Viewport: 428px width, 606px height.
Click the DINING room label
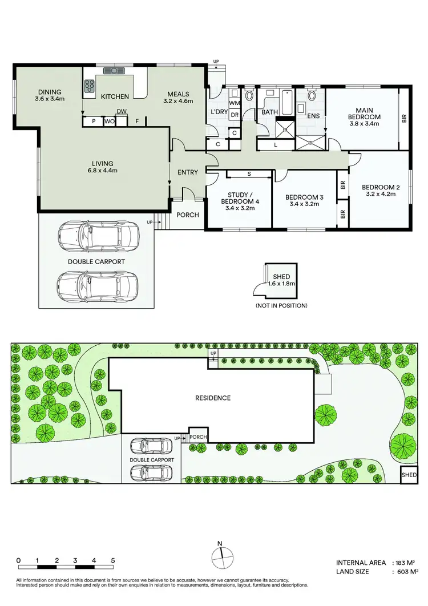(x=50, y=92)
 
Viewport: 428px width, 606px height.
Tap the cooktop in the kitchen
(x=90, y=86)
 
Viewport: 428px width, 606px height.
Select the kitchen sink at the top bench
(x=114, y=71)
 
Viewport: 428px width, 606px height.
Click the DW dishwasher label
(x=121, y=112)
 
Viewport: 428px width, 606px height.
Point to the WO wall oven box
(x=109, y=122)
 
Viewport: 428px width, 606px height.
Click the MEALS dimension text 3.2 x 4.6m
(x=179, y=102)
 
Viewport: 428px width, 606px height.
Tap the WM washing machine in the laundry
(x=234, y=103)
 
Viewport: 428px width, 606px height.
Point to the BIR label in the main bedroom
(x=404, y=119)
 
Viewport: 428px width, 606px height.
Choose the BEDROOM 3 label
(x=304, y=197)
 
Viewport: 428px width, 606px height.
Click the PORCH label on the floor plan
(x=187, y=215)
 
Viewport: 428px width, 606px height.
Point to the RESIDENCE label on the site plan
(x=212, y=398)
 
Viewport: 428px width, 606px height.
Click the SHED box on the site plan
(x=409, y=475)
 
